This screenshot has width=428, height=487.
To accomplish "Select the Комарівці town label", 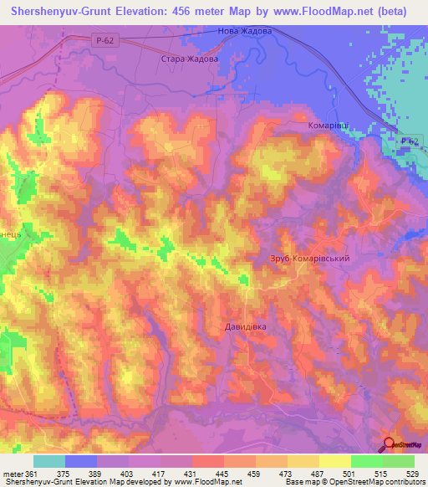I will point(321,126).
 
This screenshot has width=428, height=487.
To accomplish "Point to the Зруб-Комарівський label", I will point(308,259).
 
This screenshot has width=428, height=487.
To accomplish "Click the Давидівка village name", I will point(245,326).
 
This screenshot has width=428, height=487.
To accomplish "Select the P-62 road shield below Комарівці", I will point(408,141).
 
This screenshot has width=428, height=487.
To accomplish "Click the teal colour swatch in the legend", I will point(49,461).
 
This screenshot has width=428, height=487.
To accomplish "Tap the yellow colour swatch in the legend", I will point(335,461).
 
